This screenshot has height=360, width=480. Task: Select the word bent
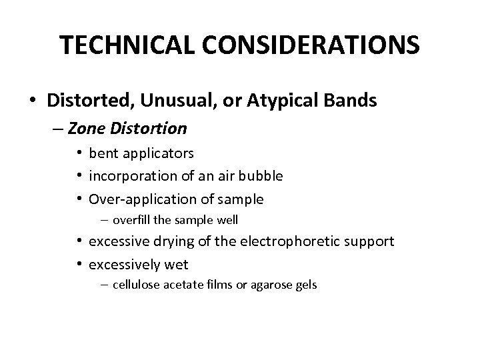[103, 153]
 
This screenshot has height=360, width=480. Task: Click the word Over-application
[138, 199]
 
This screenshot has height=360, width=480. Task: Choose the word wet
[176, 264]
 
